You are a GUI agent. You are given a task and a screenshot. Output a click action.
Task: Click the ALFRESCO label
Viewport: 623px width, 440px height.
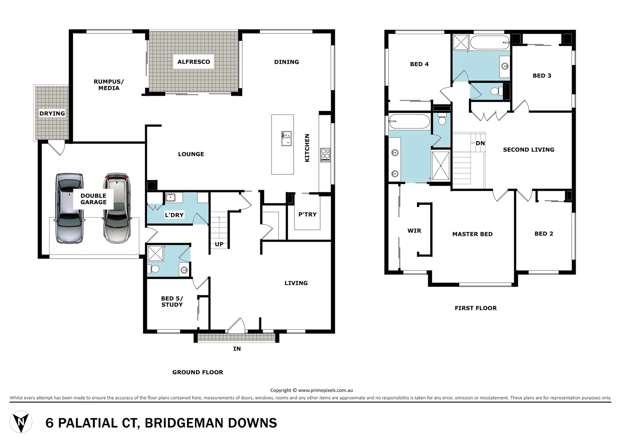tap(194, 62)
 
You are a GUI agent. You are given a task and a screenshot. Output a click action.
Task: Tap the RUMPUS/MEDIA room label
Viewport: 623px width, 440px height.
tap(109, 85)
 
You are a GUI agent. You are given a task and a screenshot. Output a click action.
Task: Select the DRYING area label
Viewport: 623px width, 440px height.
tap(52, 114)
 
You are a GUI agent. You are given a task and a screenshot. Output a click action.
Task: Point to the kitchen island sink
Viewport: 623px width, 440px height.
tap(286, 138)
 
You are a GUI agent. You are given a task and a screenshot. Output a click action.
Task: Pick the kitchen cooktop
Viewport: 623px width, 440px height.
tap(325, 155)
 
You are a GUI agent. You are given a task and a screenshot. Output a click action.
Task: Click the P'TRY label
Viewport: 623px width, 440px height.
tap(307, 214)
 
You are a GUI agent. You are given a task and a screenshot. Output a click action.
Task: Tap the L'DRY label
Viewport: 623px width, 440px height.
tap(174, 215)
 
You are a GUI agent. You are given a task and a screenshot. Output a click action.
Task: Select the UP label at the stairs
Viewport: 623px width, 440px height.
tap(219, 244)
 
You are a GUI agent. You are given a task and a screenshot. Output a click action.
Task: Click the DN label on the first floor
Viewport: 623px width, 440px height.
tap(480, 143)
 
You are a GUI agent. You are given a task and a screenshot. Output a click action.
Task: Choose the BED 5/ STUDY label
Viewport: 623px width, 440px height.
tap(172, 301)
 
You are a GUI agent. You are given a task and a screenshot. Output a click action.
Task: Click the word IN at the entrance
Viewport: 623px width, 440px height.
tap(237, 349)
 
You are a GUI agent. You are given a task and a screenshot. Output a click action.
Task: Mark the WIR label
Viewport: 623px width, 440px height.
tap(414, 231)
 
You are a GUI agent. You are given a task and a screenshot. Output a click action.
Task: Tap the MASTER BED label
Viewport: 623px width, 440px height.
tap(472, 234)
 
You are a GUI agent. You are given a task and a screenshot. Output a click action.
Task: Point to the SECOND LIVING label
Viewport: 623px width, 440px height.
tap(528, 150)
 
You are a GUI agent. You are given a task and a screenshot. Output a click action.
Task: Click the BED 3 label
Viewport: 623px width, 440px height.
tap(542, 76)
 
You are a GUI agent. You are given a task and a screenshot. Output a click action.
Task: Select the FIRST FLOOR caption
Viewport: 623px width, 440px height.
tap(476, 308)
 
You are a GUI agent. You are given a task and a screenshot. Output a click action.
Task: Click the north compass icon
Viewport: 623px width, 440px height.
tap(21, 422)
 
